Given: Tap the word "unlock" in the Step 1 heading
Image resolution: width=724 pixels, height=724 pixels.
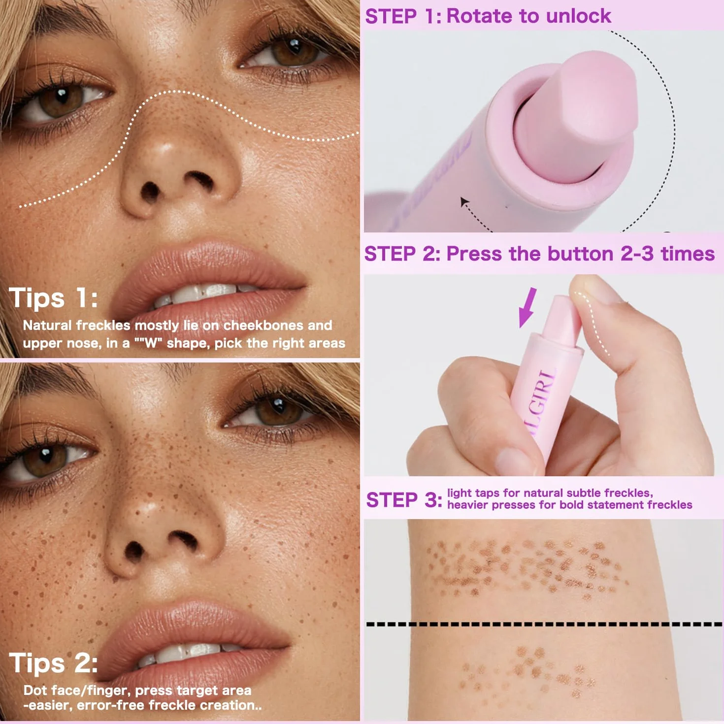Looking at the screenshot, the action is click(579, 17).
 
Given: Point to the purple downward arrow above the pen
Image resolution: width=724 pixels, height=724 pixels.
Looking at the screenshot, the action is click(527, 307).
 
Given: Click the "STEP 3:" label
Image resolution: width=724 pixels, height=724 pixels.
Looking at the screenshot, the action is click(404, 500).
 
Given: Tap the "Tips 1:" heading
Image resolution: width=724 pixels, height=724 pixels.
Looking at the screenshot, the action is click(53, 298).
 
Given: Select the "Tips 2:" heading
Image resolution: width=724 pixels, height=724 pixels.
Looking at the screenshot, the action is click(53, 663).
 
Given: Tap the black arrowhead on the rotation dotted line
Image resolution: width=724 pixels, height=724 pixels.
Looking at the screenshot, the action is click(464, 202).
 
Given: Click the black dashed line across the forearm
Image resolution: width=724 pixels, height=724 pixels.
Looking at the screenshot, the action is click(544, 625).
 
